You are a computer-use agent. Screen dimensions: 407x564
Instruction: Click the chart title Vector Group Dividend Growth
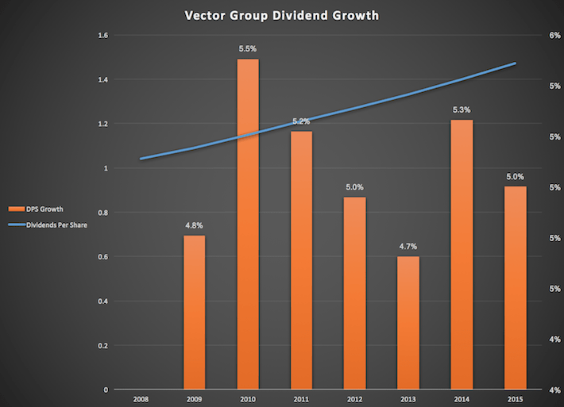pos(282,14)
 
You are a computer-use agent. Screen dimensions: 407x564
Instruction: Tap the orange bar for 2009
pos(195,313)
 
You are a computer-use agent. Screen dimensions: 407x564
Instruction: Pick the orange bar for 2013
pos(408,323)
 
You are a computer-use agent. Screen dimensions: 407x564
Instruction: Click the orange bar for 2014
pos(462,255)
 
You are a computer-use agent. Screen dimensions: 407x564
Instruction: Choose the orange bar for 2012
pos(355,294)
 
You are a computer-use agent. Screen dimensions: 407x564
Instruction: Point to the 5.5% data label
pos(248,49)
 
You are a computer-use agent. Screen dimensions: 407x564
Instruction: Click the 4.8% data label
pos(195,225)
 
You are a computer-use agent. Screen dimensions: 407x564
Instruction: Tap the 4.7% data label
pos(408,247)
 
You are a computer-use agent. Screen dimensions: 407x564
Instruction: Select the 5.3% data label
pos(462,110)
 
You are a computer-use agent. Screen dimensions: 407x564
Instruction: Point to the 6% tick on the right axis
pos(549,36)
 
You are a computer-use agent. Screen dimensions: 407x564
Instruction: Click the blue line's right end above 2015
pos(516,63)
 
